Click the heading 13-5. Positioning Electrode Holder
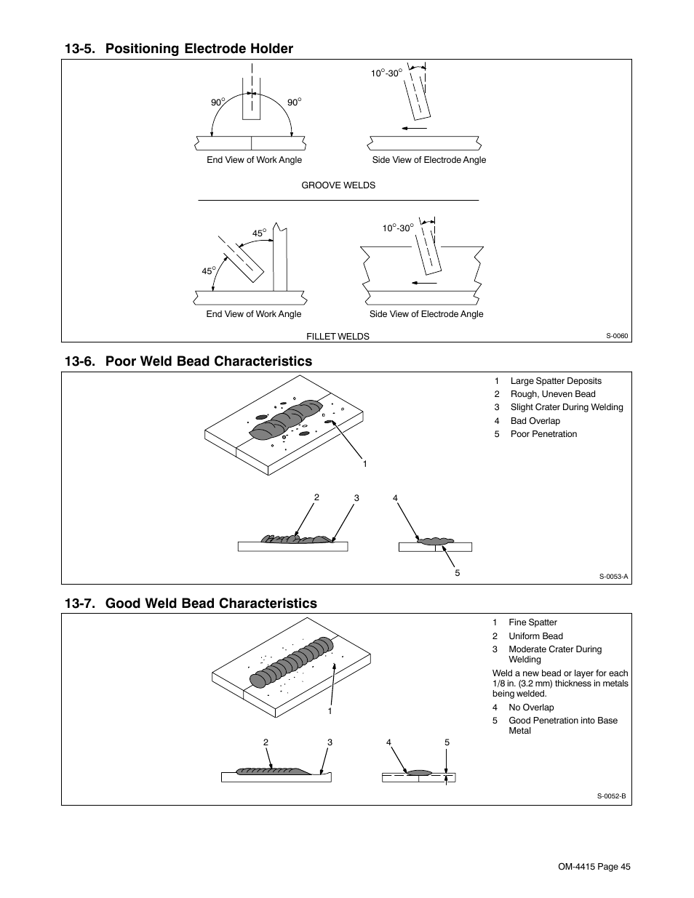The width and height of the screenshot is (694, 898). [178, 49]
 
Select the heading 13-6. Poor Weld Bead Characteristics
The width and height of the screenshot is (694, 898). [188, 361]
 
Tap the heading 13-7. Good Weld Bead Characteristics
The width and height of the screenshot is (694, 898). [190, 603]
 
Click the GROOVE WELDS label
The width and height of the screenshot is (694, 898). [338, 185]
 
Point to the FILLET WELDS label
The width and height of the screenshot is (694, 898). [338, 337]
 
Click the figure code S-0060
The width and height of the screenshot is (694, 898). [617, 336]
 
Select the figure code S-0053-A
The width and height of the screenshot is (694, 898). [613, 577]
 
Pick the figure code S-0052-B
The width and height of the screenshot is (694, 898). [611, 795]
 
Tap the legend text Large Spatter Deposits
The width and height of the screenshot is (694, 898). [555, 381]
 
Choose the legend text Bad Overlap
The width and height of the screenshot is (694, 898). [535, 421]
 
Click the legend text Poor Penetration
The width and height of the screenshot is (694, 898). [543, 434]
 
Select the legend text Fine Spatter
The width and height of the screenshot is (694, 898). [533, 622]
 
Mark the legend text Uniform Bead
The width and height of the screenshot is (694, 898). [535, 636]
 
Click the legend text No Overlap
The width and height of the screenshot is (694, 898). [531, 707]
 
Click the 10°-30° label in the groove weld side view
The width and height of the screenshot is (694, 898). [386, 73]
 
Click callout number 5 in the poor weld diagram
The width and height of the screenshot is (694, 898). [458, 573]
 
